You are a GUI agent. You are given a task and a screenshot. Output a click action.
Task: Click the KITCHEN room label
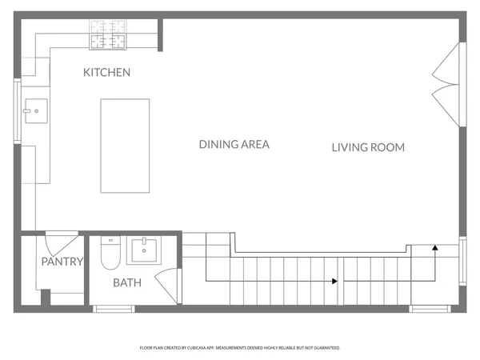click(x=106, y=73)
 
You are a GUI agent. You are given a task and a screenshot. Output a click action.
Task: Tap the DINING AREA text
click(x=234, y=145)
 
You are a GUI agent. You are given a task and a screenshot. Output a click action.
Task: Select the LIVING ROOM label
click(x=368, y=147)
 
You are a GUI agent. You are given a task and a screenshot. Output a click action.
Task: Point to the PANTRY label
click(x=62, y=262)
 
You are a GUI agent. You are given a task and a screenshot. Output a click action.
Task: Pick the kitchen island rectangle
click(x=125, y=146)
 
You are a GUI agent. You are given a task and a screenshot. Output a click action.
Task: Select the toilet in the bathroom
click(x=110, y=254)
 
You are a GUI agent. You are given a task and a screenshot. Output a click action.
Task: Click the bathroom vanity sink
click(x=145, y=250)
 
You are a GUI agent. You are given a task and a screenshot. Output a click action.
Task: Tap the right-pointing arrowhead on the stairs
click(x=333, y=281)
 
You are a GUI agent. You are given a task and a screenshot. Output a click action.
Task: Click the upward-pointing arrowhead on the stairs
click(x=434, y=248)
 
